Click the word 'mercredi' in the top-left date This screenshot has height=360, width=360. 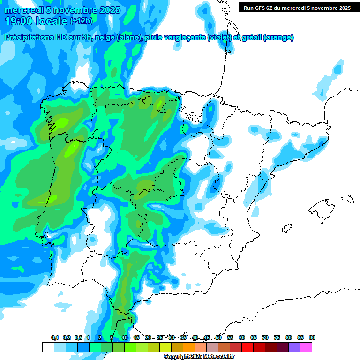24,10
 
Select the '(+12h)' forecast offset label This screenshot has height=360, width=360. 81,21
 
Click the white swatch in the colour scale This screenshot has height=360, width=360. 48,347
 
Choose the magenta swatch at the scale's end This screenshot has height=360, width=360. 306,347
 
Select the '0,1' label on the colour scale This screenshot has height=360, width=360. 55,337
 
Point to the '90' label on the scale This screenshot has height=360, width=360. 312,337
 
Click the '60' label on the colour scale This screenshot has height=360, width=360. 242,337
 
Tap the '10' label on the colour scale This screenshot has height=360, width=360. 125,337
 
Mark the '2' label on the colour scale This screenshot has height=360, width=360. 100,337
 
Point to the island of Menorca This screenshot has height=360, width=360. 347,198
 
